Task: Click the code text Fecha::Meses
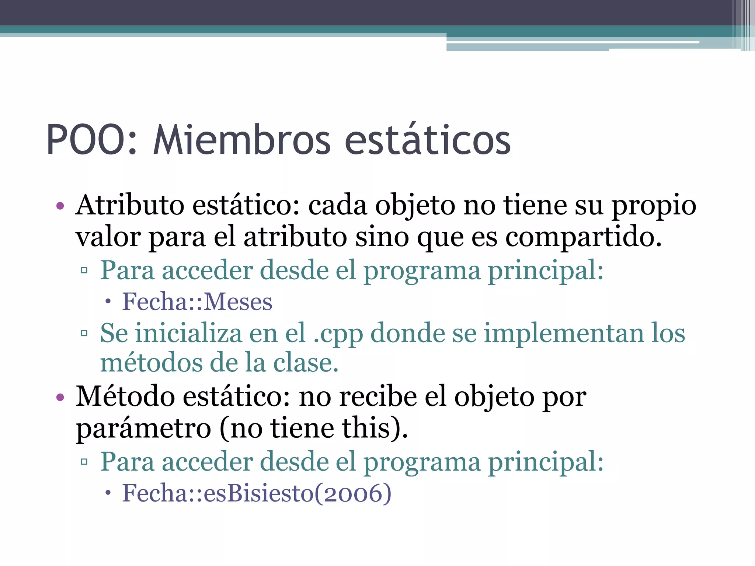click(x=197, y=302)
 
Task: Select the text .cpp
click(x=338, y=334)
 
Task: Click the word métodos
click(x=151, y=363)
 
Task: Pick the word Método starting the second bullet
click(x=125, y=397)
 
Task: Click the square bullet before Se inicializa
click(x=84, y=333)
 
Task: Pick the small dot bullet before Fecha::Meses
click(x=108, y=302)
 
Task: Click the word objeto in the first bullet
click(x=415, y=205)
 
